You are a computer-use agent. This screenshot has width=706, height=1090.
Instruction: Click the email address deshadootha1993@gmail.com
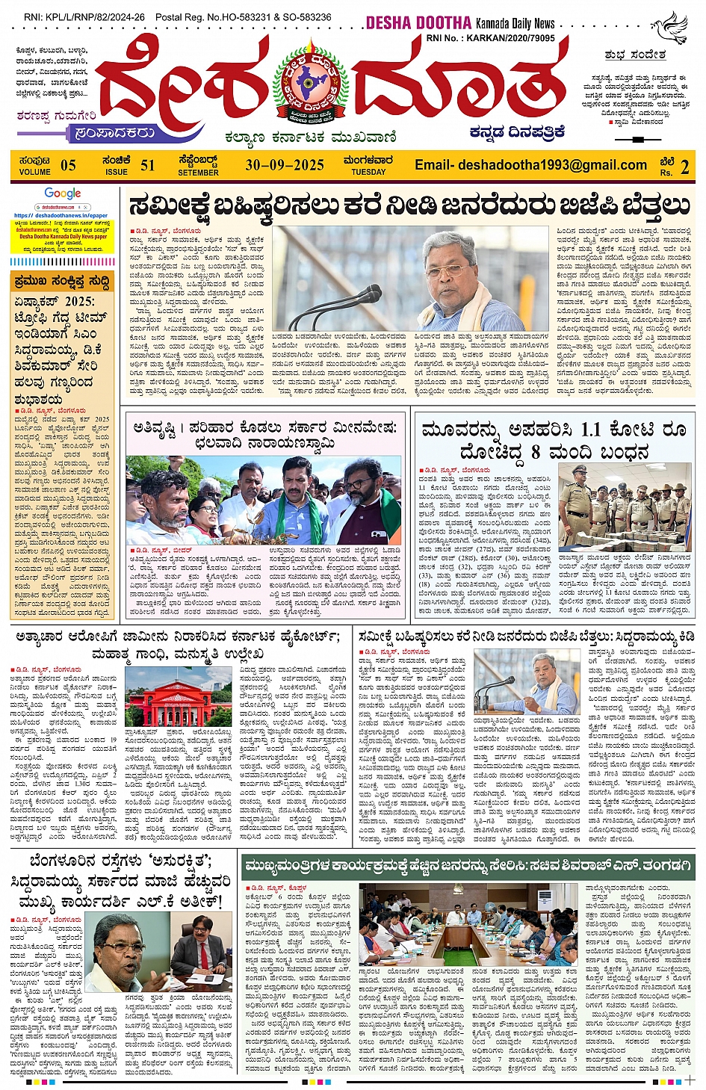pos(530,165)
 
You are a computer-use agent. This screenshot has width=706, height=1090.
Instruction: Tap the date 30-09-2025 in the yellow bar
pos(285,165)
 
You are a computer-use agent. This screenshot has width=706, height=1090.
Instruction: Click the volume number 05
pos(68,165)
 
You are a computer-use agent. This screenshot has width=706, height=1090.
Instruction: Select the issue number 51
pos(148,165)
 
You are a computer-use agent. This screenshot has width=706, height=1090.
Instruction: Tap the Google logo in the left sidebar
pos(62,193)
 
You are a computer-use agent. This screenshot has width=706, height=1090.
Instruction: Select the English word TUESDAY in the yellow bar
pos(368,173)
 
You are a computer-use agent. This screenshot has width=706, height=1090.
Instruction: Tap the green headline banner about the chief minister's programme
pos(468,866)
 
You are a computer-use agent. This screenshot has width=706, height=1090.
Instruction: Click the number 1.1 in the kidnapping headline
pos(591,430)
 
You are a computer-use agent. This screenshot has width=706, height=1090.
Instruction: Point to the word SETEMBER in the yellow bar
pos(198,173)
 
